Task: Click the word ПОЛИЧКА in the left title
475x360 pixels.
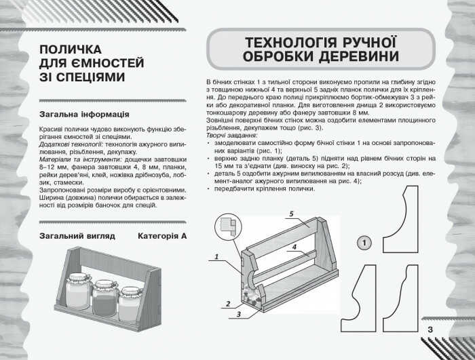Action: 71,50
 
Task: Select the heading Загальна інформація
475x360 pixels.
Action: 85,114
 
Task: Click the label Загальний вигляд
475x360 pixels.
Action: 77,236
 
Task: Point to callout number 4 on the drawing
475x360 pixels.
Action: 295,248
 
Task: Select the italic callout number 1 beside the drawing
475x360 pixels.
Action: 216,257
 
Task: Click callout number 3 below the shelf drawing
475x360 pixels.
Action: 239,315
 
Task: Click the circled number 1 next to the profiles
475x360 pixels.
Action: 364,242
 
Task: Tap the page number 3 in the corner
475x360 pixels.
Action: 430,330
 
